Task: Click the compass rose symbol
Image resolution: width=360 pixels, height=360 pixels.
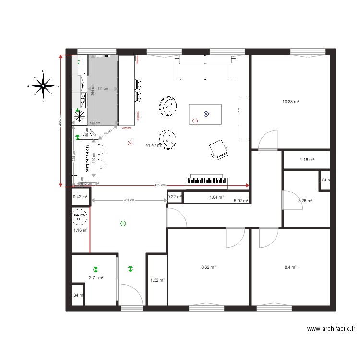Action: click(x=44, y=86)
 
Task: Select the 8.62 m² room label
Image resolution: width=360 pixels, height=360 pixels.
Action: click(x=207, y=268)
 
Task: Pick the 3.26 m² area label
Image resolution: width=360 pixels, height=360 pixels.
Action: click(x=305, y=201)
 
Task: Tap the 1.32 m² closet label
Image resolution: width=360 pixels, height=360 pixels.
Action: click(x=157, y=280)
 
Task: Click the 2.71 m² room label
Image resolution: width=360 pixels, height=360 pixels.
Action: click(x=96, y=277)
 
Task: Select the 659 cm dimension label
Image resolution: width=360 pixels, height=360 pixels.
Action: click(x=160, y=185)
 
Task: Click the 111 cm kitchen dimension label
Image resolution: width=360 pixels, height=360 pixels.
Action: click(x=102, y=89)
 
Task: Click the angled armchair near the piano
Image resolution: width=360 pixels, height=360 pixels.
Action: click(x=219, y=149)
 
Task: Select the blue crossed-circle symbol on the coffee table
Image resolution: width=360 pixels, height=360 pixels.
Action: click(x=206, y=114)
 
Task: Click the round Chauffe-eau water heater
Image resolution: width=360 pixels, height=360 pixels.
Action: click(x=80, y=217)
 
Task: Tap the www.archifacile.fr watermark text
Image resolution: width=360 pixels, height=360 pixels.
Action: click(x=331, y=329)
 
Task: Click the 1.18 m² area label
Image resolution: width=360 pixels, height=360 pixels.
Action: click(x=307, y=160)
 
